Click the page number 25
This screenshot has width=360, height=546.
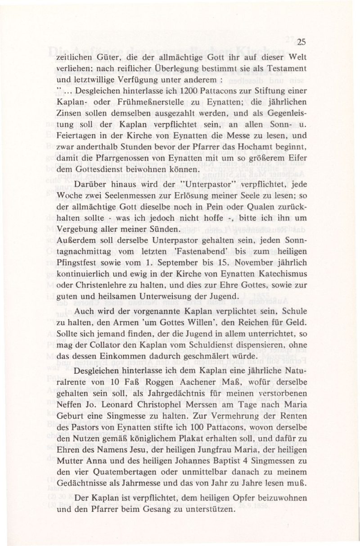click(301, 43)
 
